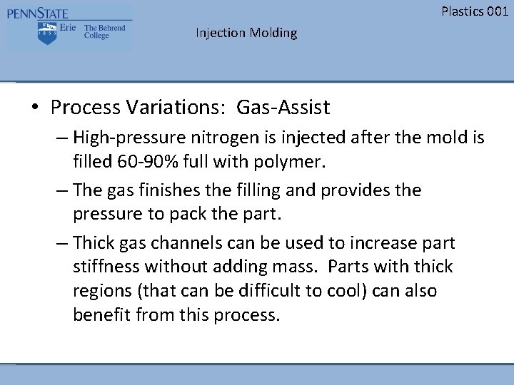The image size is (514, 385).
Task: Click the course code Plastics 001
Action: (475, 11)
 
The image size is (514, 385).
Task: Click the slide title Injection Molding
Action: (246, 33)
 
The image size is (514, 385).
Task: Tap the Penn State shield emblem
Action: (48, 32)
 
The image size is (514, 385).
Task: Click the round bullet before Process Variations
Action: (34, 108)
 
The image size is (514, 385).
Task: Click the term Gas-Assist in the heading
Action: (283, 108)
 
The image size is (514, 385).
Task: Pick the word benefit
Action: (101, 315)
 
